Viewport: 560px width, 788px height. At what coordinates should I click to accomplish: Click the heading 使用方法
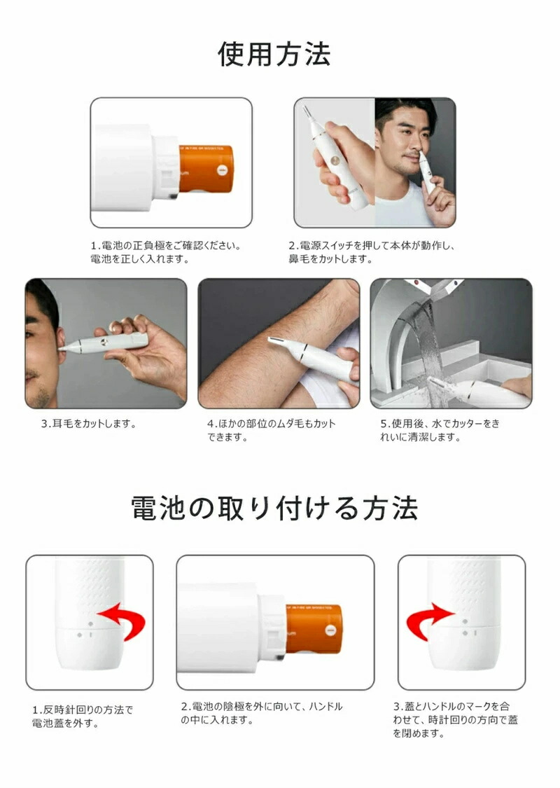click(274, 54)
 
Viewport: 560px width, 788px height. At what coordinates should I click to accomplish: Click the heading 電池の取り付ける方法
click(274, 508)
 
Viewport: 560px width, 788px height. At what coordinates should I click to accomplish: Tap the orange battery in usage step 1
click(206, 168)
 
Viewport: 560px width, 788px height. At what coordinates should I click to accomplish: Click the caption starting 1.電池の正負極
click(166, 252)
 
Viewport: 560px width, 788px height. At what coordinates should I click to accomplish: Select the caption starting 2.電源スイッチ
click(372, 252)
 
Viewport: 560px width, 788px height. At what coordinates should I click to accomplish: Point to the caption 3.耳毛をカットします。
click(88, 424)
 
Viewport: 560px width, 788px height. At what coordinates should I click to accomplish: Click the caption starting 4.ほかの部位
click(271, 430)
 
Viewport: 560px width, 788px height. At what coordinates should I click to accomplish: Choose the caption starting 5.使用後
click(440, 430)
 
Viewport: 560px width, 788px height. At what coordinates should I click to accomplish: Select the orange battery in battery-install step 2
click(314, 629)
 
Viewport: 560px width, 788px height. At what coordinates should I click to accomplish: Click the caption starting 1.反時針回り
click(83, 717)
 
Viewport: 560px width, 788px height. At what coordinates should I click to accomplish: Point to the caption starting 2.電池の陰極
click(261, 713)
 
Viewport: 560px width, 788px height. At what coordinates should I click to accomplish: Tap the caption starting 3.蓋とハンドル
click(455, 719)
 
